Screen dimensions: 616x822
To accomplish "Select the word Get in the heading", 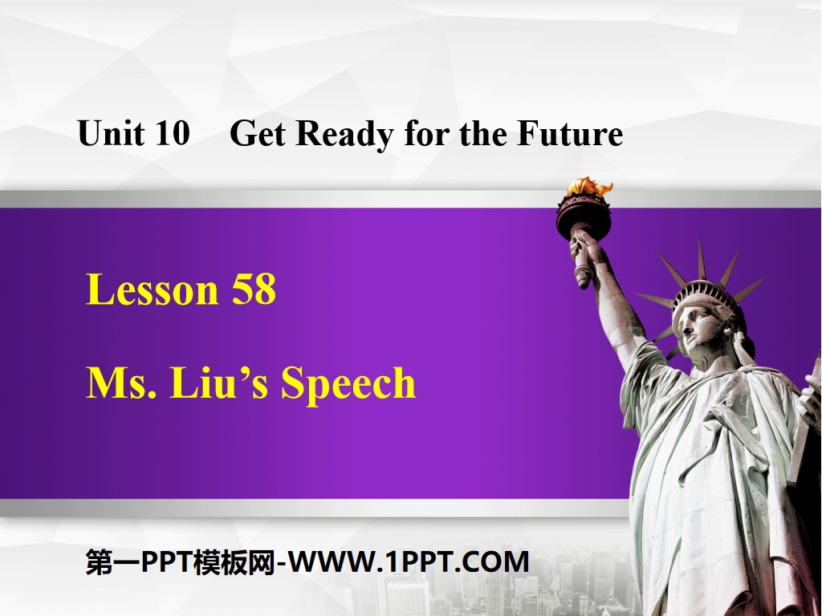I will pos(258,134).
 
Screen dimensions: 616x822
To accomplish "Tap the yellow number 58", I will pos(254,290).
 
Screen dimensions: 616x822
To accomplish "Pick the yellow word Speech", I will pos(348,384).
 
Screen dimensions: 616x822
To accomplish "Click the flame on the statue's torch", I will pos(588,188).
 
